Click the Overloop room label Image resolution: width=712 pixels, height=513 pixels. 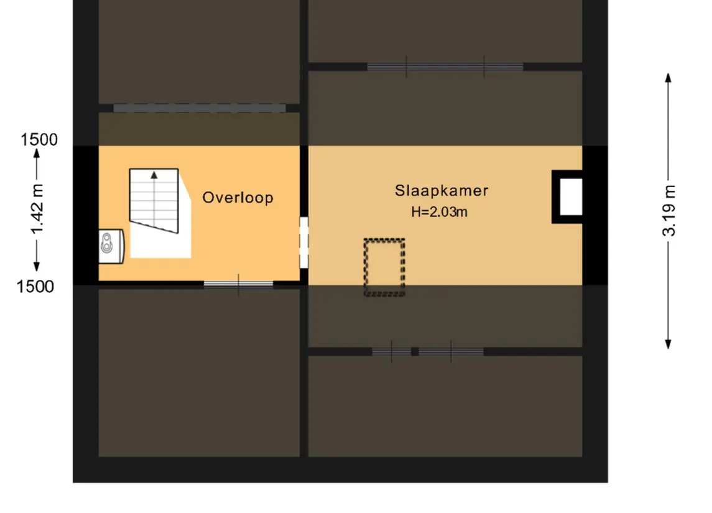(x=238, y=198)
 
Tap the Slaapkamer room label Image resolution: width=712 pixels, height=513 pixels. (x=442, y=191)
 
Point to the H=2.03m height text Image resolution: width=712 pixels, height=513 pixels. (x=439, y=212)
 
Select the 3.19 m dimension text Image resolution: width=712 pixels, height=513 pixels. (x=669, y=211)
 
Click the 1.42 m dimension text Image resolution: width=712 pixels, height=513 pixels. (x=37, y=210)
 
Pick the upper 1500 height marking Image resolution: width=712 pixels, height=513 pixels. (x=39, y=139)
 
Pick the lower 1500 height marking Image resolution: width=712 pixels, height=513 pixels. (x=35, y=287)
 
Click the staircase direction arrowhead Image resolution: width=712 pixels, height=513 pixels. (x=154, y=175)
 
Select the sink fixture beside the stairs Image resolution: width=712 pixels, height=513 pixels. (x=111, y=246)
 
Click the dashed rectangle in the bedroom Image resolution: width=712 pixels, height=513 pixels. (x=384, y=267)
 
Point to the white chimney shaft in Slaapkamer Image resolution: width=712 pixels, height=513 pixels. (x=571, y=197)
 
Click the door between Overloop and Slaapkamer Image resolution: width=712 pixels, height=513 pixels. (x=304, y=243)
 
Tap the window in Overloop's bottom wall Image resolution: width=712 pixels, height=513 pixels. (x=238, y=285)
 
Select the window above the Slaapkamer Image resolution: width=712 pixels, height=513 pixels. (x=445, y=67)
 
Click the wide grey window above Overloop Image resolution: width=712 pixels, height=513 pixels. (x=200, y=108)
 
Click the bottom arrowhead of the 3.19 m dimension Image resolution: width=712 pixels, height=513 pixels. (x=668, y=344)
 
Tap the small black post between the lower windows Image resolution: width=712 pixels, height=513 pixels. (x=415, y=351)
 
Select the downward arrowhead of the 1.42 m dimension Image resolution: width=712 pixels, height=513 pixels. (x=37, y=267)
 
